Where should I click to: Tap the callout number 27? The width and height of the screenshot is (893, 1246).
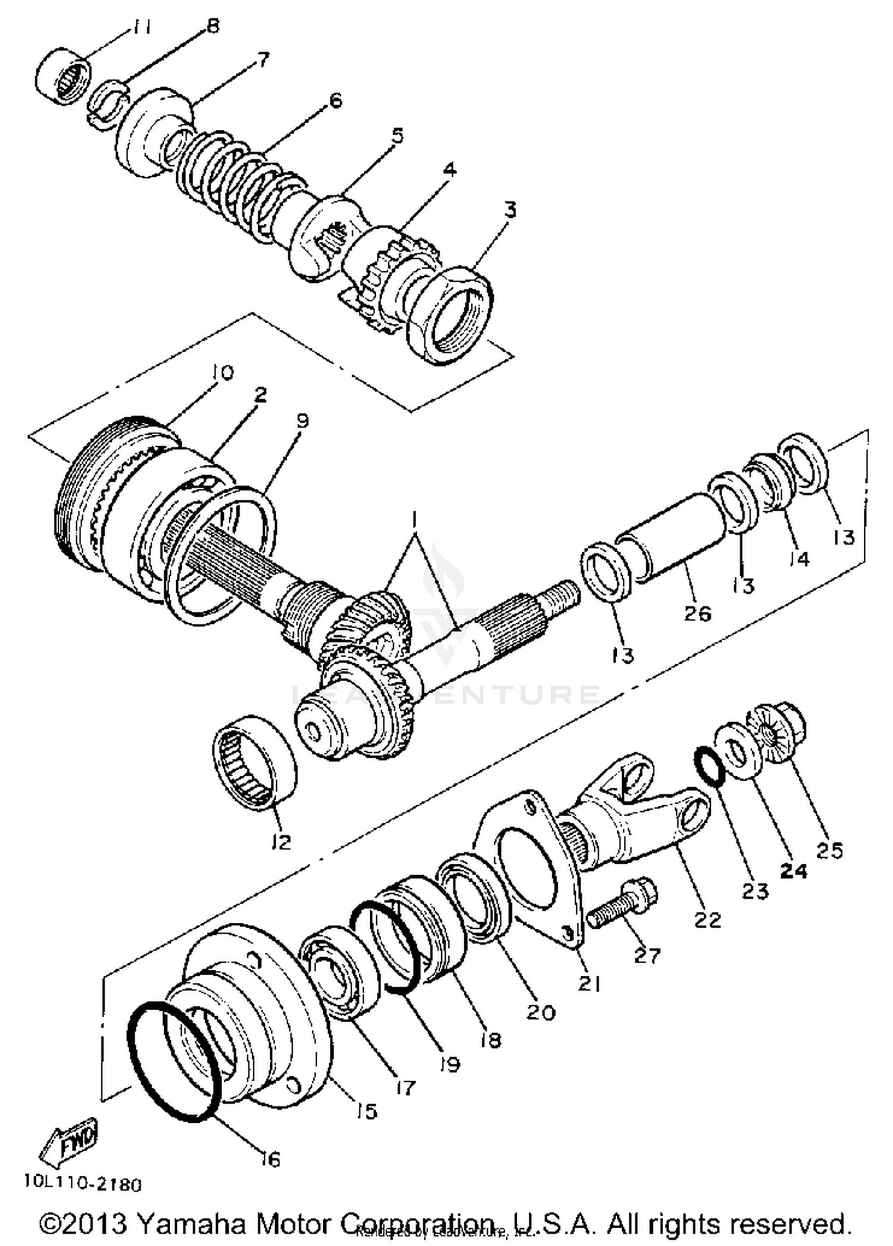tap(647, 955)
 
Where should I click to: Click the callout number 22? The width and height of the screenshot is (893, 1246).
tap(707, 920)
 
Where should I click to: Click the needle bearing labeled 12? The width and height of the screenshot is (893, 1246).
tap(255, 764)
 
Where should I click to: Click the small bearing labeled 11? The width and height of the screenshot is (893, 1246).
tap(63, 79)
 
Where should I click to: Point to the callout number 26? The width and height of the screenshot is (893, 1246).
tap(697, 613)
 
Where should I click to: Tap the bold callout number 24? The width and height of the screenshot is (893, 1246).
tap(794, 871)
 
